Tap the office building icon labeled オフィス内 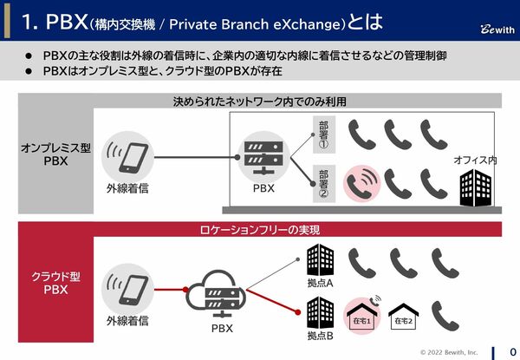coord(475,187)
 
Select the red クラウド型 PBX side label coord(55,282)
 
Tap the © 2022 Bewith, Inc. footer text coord(448,350)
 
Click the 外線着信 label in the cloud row coord(128,321)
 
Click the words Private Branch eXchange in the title coord(259,19)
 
